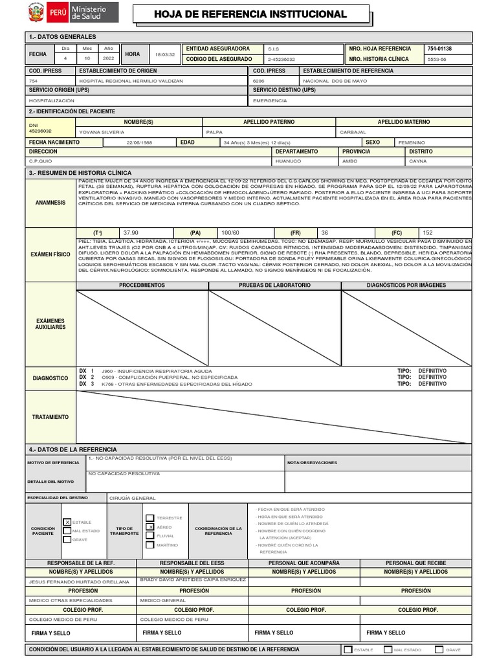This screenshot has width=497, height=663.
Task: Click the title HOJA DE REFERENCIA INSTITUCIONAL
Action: pos(250,15)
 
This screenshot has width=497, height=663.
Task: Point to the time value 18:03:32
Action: pos(166,54)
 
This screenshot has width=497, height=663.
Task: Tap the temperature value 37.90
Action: pos(130,232)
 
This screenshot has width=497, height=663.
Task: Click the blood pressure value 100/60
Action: pos(230,232)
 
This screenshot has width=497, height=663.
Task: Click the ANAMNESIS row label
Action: pos(50,203)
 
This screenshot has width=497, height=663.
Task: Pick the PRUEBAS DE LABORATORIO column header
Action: pos(274,285)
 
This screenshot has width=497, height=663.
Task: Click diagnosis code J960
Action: pos(108,371)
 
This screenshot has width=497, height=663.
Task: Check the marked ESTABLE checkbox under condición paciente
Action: pos(67,522)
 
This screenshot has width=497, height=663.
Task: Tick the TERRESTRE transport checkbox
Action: pos(150,518)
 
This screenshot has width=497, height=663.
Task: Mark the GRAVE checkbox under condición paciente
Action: pos(67,539)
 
